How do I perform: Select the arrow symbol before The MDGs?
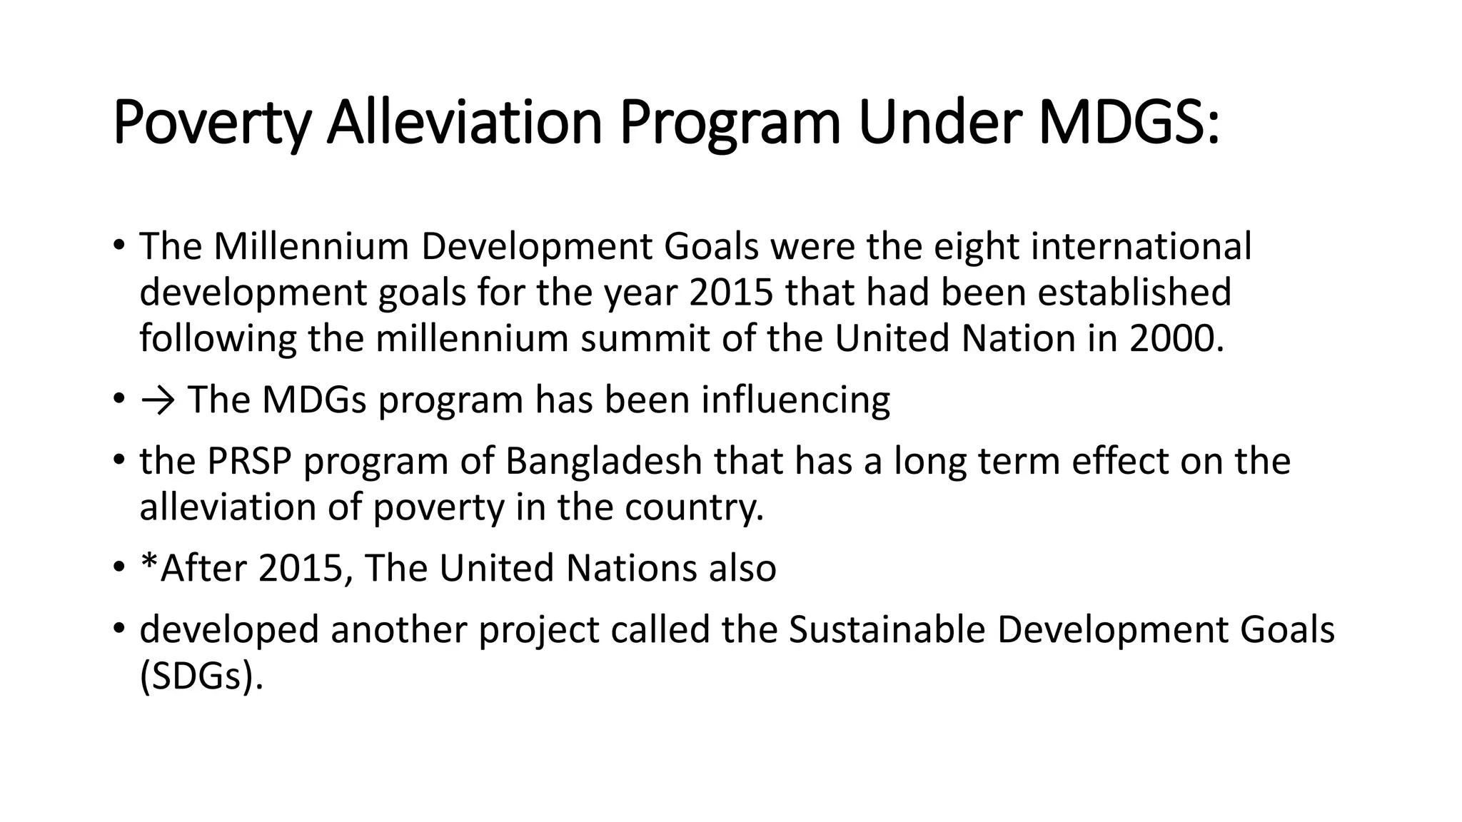[x=158, y=400]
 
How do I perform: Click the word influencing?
[x=795, y=400]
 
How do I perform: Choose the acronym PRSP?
[x=250, y=461]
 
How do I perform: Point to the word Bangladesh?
[x=604, y=461]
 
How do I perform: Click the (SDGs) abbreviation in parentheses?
[x=201, y=676]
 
